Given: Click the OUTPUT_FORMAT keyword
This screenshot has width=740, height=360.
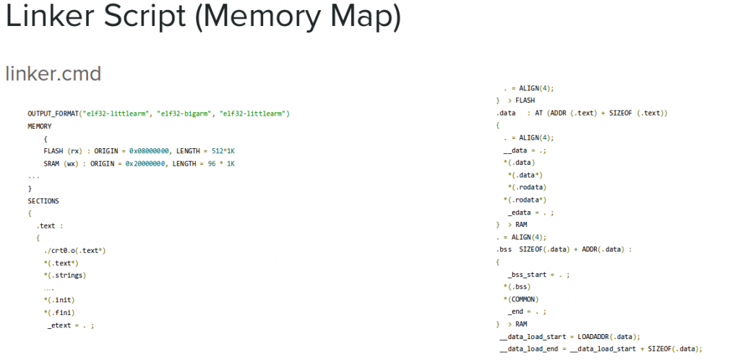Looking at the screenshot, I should (53, 113).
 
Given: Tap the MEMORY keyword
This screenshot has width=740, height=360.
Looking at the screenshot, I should (40, 126).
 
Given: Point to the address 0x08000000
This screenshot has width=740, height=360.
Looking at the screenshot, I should (150, 151).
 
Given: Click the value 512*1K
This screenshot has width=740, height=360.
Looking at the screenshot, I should (223, 151).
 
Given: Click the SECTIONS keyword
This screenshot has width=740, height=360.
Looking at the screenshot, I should (43, 200).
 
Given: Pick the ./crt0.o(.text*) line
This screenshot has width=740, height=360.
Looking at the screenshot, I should (74, 250).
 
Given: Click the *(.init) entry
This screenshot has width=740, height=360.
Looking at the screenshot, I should (59, 300).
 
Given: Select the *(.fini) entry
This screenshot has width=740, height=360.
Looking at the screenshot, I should (59, 312).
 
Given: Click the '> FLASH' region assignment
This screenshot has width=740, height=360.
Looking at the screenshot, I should (520, 100).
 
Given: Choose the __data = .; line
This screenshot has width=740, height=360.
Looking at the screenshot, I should (525, 150).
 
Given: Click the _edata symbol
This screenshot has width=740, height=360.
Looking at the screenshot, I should (521, 213).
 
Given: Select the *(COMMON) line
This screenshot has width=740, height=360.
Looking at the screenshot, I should (521, 299).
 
